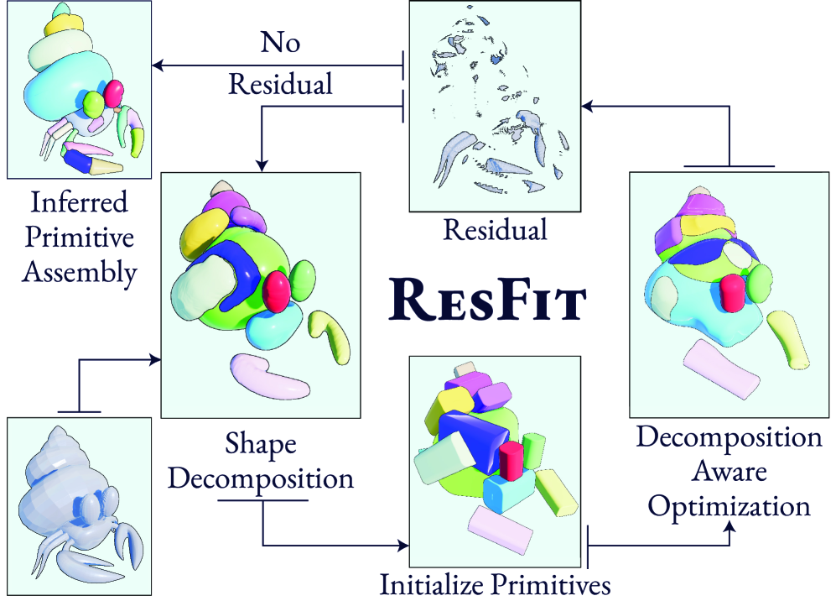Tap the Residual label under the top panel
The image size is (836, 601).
495,229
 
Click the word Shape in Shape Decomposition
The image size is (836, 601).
262,442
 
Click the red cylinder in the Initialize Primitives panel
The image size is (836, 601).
511,461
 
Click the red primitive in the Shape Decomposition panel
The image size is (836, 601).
276,289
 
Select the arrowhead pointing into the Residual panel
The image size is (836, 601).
588,106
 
